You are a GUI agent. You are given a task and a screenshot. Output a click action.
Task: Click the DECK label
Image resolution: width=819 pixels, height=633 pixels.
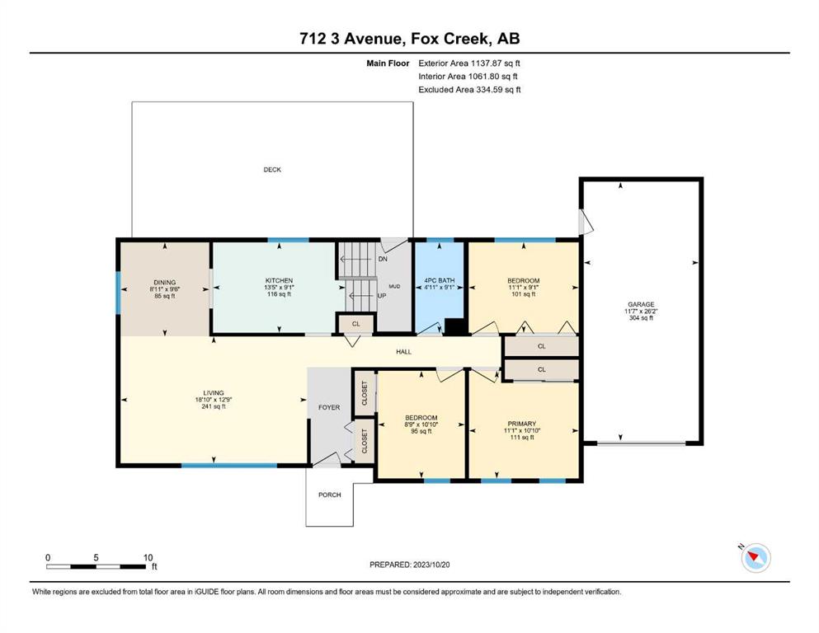click(x=272, y=170)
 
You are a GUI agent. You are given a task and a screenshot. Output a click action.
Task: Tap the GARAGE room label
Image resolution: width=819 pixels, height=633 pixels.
click(x=641, y=304)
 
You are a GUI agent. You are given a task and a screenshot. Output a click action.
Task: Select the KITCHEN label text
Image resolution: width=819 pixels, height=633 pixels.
click(x=279, y=281)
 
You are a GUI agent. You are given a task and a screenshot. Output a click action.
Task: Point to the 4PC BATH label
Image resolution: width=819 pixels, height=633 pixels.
click(x=440, y=281)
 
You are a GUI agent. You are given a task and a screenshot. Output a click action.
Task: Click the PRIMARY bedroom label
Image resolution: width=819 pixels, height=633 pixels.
click(x=522, y=424)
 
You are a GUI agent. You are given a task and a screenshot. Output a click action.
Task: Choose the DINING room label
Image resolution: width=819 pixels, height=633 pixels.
click(x=164, y=283)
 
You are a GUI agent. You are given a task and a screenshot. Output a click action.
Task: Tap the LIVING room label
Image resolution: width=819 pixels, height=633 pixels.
click(x=214, y=393)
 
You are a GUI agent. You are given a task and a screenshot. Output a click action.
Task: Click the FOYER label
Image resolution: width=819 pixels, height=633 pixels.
click(x=329, y=407)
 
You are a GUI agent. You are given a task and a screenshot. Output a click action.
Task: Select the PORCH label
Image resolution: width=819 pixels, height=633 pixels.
click(x=330, y=495)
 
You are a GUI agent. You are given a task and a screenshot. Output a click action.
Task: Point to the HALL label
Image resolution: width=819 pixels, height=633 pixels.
click(x=404, y=352)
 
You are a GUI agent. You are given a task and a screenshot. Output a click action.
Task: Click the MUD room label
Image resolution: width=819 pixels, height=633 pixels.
click(x=394, y=287)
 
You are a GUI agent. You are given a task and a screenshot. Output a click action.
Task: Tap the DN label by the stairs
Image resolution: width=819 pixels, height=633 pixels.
click(x=383, y=259)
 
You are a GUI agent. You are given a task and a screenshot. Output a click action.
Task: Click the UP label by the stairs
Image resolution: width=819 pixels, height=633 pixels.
click(x=382, y=296)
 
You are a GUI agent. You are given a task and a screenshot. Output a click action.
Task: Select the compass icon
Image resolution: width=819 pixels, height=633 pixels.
click(x=755, y=558)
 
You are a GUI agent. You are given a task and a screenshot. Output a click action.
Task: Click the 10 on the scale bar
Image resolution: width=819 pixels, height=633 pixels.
click(x=148, y=557)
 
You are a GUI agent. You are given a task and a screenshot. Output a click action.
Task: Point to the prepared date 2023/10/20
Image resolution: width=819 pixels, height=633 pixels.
click(x=431, y=565)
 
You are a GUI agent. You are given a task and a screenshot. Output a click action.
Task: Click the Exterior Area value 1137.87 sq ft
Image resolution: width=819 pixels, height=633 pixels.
click(x=496, y=63)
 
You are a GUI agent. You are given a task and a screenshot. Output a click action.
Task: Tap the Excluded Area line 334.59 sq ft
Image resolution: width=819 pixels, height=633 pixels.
click(x=469, y=89)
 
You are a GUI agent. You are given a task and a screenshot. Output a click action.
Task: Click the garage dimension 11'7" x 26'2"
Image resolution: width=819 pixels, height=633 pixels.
click(x=642, y=311)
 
